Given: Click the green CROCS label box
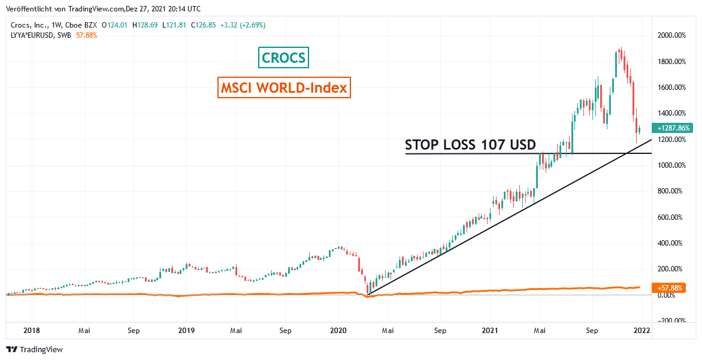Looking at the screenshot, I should point(285,58).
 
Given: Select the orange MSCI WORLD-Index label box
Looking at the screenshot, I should point(284,88).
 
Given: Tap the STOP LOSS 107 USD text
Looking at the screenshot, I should point(470,145).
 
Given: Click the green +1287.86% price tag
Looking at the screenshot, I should point(673,128).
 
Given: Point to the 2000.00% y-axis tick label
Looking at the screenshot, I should point(671,35).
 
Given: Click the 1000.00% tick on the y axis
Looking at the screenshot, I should point(671,165).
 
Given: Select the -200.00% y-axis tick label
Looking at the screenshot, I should point(671,321).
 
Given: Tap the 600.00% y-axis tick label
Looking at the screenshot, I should point(671,217).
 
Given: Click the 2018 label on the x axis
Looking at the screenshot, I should point(32,330).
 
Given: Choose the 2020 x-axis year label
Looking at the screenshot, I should point(339,330).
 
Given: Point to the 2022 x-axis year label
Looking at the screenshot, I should point(642,330).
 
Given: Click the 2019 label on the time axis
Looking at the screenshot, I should point(186,330).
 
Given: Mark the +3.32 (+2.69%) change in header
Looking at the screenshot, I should point(243,25).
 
